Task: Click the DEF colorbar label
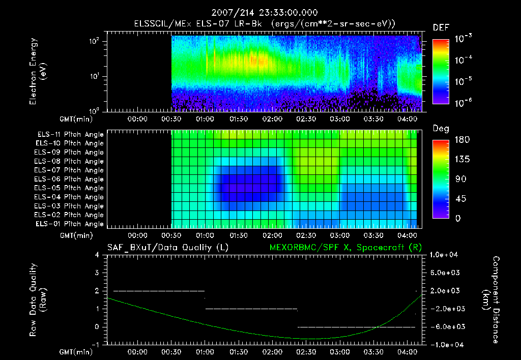(x=441, y=28)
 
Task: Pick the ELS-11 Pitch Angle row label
(x=70, y=135)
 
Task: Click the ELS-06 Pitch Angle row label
(x=70, y=179)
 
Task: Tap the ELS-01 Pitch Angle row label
(x=70, y=224)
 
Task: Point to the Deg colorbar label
(x=440, y=129)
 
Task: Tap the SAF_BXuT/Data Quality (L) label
(x=167, y=247)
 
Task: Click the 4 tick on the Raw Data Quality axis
(x=97, y=255)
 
